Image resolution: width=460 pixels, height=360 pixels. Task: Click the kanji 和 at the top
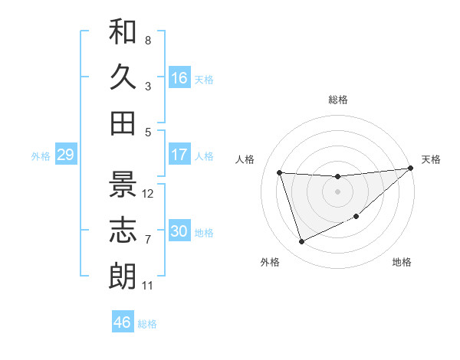123,32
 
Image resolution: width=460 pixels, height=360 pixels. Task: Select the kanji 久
123,77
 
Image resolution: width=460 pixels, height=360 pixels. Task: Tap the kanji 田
123,123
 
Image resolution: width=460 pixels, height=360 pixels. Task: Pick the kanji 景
123,185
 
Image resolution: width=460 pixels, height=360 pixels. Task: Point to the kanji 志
123,231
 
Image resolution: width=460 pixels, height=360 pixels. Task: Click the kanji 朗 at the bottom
123,277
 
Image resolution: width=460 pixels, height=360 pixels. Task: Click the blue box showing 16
179,78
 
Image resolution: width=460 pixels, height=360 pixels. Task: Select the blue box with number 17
179,155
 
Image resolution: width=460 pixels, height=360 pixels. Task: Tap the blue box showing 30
179,231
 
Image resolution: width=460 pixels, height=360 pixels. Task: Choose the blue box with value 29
65,155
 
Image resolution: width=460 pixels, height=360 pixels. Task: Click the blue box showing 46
123,322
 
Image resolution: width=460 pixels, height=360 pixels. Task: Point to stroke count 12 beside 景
149,194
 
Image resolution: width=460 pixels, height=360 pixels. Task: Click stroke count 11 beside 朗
148,286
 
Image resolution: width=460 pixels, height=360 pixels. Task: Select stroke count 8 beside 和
147,40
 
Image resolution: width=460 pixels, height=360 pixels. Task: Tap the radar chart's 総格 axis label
337,100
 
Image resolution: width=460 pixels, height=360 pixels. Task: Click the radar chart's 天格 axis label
431,159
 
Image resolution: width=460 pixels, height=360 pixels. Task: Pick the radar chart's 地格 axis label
402,262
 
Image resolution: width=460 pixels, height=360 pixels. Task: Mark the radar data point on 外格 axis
301,242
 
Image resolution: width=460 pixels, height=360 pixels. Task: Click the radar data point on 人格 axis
280,172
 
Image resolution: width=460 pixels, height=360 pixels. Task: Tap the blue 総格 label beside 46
147,324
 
